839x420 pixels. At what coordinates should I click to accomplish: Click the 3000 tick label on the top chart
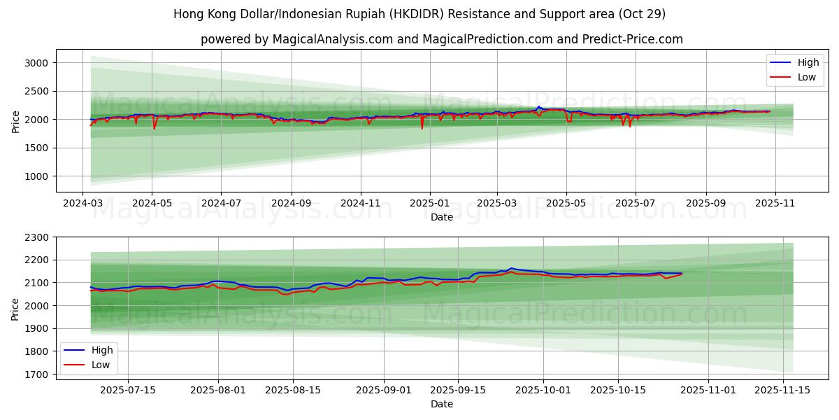[x=36, y=63]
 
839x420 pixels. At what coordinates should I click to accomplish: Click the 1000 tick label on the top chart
[x=36, y=176]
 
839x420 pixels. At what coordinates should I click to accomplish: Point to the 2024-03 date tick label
[x=83, y=203]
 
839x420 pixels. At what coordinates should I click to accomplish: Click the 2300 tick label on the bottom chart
[x=36, y=237]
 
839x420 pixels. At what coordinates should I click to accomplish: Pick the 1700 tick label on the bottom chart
[x=36, y=374]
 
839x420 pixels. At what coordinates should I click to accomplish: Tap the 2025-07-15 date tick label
[x=127, y=389]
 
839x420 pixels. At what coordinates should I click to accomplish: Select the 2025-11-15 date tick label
[x=780, y=389]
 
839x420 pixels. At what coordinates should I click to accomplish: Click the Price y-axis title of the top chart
[x=15, y=120]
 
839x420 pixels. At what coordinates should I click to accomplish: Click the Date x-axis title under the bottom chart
[x=442, y=404]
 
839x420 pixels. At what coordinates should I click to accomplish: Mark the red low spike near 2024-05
[x=154, y=128]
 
